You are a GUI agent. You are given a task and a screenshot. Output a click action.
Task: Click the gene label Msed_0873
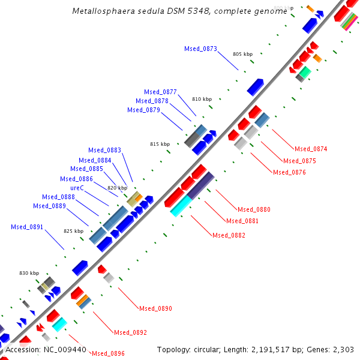tap(200, 49)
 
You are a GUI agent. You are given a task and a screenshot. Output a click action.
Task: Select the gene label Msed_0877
tap(160, 92)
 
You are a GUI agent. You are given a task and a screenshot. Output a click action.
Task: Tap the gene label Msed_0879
tap(143, 110)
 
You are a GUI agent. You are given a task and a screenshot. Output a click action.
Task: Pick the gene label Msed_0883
tap(104, 150)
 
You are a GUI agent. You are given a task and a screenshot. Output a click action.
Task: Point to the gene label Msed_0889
tap(49, 206)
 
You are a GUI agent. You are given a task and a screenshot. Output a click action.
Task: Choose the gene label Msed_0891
tap(27, 227)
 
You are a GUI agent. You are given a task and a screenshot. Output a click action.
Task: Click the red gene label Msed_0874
tap(310, 149)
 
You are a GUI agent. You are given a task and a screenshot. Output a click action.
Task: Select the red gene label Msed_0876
tap(289, 172)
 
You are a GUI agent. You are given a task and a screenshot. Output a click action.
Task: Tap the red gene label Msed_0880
tap(254, 209)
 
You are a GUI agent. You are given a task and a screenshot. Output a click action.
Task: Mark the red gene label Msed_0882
tap(229, 235)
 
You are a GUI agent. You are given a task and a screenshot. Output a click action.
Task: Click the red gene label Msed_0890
tap(155, 308)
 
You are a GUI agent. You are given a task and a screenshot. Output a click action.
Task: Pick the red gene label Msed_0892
tap(130, 332)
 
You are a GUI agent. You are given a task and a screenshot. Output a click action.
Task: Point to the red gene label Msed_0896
tap(108, 353)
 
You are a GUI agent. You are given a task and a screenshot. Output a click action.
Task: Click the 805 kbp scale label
tap(243, 54)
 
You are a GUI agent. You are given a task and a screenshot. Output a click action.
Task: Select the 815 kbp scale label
tap(160, 144)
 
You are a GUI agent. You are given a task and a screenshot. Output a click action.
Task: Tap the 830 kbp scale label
tap(29, 273)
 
